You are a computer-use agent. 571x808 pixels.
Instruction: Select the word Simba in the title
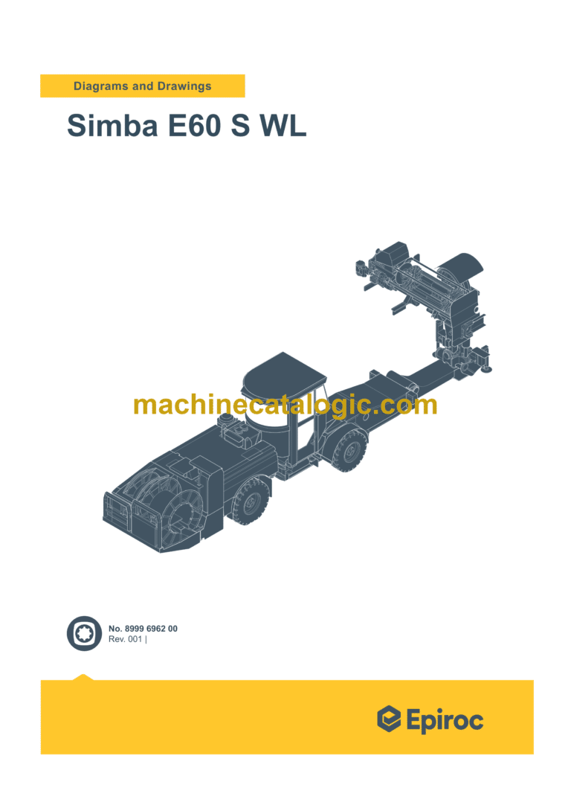click(x=112, y=125)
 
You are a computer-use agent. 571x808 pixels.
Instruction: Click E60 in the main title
click(x=194, y=125)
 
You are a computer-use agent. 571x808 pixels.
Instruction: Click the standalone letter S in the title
click(x=240, y=125)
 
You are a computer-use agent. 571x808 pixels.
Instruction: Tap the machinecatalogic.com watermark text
click(x=285, y=405)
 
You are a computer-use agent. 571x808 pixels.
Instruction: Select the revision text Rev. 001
click(x=126, y=640)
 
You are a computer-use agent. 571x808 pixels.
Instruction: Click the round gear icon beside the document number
click(x=84, y=634)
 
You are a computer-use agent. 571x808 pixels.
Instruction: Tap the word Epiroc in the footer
click(x=445, y=719)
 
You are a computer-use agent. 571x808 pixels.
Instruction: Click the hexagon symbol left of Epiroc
click(x=389, y=719)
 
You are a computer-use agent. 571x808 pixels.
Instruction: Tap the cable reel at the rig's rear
click(x=160, y=506)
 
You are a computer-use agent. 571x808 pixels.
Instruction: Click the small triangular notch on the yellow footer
click(x=83, y=677)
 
